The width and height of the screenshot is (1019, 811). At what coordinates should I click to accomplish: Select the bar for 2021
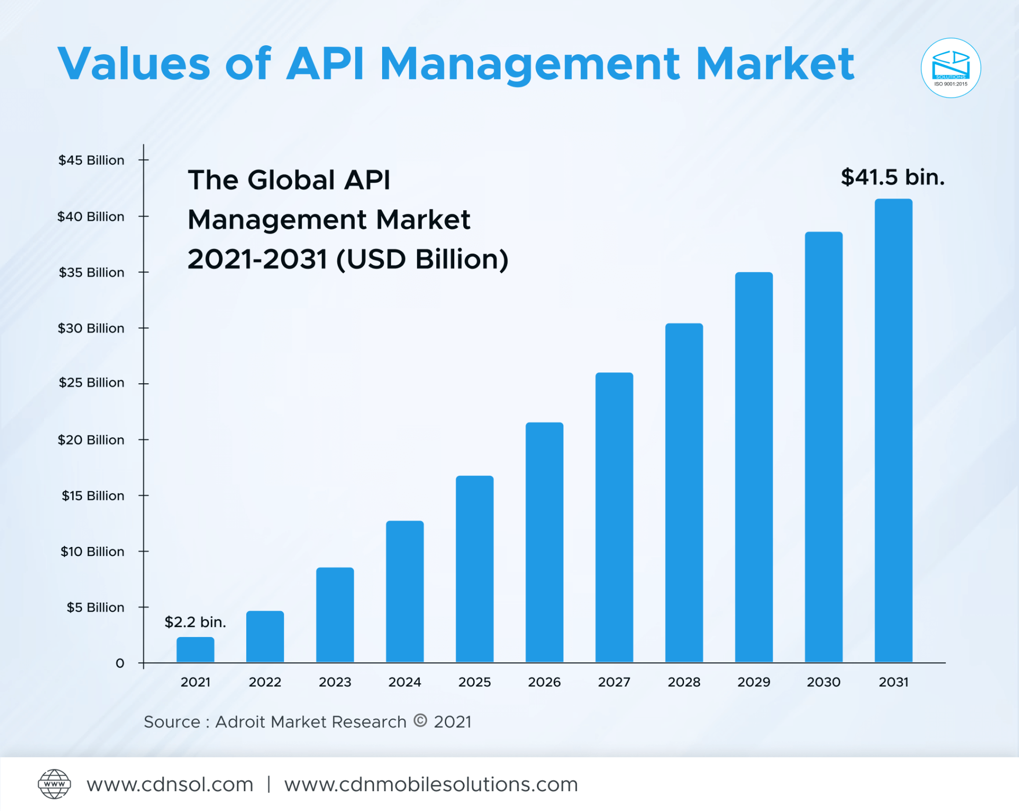pyautogui.click(x=195, y=649)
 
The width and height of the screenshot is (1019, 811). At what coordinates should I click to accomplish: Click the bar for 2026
pyautogui.click(x=544, y=542)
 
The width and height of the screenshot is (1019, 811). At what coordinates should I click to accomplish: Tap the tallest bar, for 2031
pyautogui.click(x=893, y=430)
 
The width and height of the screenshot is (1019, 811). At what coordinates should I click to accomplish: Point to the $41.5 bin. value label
pyautogui.click(x=893, y=177)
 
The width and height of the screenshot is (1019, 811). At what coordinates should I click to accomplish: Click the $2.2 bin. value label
pyautogui.click(x=195, y=622)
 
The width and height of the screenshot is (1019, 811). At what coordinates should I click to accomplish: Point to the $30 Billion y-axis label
pyautogui.click(x=91, y=328)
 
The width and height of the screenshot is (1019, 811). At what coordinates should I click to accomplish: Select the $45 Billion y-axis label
pyautogui.click(x=91, y=160)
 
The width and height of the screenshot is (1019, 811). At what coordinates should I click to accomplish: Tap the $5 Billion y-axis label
pyautogui.click(x=95, y=607)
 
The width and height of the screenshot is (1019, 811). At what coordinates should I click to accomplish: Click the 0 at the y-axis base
pyautogui.click(x=120, y=663)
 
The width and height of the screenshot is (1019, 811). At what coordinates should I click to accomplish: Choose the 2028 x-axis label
pyautogui.click(x=684, y=682)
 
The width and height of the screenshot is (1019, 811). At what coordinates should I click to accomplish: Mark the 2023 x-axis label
pyautogui.click(x=335, y=682)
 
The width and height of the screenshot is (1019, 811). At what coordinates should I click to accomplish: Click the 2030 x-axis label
pyautogui.click(x=823, y=682)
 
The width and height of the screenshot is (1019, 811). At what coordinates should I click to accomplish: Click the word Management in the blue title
pyautogui.click(x=529, y=65)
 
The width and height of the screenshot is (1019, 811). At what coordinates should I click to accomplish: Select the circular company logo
pyautogui.click(x=950, y=68)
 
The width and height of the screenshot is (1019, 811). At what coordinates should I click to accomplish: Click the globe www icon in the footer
pyautogui.click(x=54, y=784)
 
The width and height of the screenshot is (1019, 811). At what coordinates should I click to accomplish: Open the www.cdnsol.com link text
pyautogui.click(x=170, y=784)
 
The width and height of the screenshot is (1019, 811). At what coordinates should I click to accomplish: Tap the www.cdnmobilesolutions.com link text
pyautogui.click(x=431, y=784)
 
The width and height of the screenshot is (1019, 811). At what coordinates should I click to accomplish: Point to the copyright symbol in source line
pyautogui.click(x=420, y=720)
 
